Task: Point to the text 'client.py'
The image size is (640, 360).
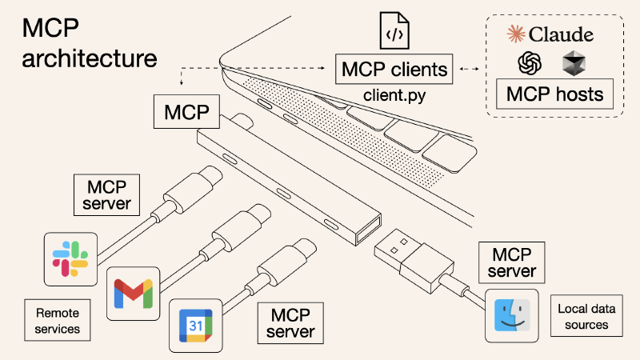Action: (394, 96)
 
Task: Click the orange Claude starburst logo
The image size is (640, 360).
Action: (517, 34)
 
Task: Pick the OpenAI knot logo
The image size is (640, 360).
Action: (530, 63)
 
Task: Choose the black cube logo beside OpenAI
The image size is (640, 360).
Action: (574, 63)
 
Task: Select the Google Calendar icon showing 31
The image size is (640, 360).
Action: (195, 325)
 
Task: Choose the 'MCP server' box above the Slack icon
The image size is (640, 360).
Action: (112, 195)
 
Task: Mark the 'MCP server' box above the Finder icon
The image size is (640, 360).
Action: (513, 262)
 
